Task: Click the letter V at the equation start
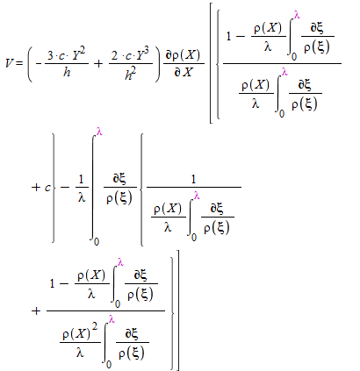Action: point(10,63)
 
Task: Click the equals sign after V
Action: point(19,63)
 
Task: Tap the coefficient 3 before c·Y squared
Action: point(50,55)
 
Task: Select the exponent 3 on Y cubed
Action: point(146,50)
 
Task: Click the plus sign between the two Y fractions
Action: point(98,63)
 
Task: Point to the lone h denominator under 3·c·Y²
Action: point(67,72)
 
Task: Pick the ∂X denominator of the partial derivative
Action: point(184,72)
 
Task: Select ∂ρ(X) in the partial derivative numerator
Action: point(184,55)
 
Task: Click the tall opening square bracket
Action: point(211,62)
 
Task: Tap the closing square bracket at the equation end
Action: point(177,310)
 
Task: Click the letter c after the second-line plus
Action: point(47,188)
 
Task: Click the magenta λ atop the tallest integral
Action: point(99,132)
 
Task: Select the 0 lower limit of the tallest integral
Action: point(97,241)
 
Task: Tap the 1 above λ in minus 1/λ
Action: point(81,179)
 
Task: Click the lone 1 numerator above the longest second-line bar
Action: point(193,179)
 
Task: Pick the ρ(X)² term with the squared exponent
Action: point(80,333)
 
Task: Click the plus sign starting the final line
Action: point(36,310)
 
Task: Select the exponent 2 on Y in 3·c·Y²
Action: point(83,51)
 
